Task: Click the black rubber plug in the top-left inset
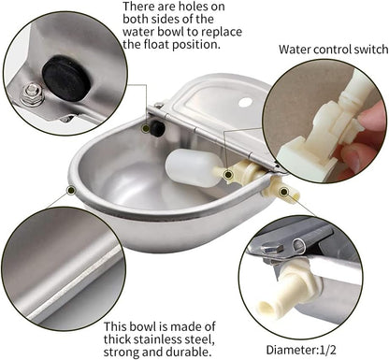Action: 65,76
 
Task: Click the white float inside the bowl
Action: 194,168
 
